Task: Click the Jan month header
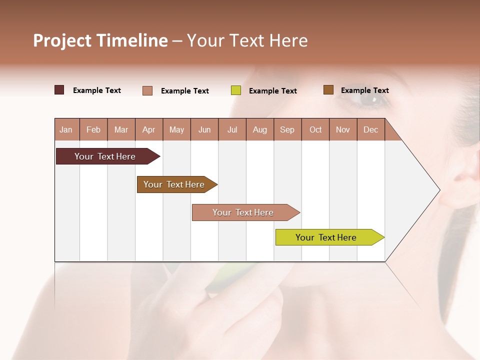(66, 129)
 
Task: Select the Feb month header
(93, 129)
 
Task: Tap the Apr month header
(149, 129)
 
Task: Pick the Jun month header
(204, 129)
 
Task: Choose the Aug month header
(260, 129)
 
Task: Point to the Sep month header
(287, 129)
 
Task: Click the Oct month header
(315, 129)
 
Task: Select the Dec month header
(371, 129)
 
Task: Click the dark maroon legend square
(59, 90)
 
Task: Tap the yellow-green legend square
(236, 90)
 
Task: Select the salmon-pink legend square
(147, 90)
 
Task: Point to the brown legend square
(328, 90)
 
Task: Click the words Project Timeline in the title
(100, 40)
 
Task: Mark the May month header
(176, 129)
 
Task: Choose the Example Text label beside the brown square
(364, 90)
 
